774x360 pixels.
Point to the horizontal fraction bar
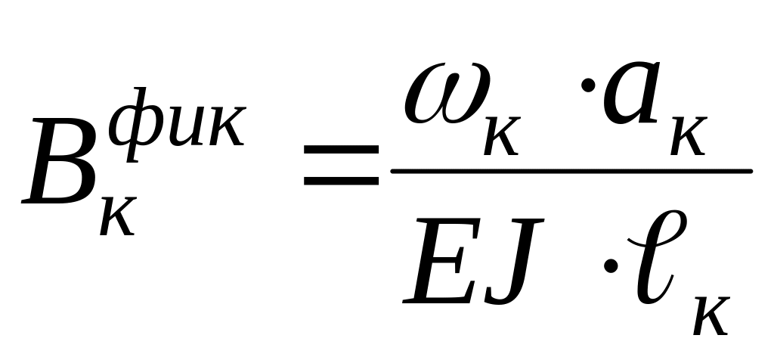(571, 170)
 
